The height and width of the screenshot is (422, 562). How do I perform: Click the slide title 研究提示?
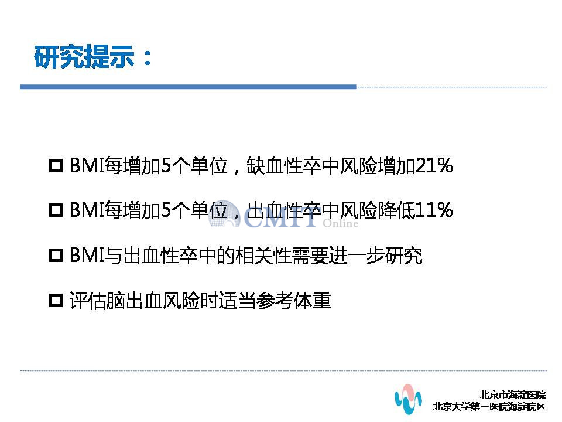pos(84,57)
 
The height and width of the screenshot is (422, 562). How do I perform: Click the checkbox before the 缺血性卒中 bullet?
pos(56,166)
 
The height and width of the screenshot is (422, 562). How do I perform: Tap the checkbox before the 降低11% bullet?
pos(56,210)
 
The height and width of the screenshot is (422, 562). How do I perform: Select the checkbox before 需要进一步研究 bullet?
pos(56,256)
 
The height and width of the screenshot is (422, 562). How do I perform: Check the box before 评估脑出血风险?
pos(56,300)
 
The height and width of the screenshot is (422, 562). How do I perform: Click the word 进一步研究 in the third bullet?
pos(376,256)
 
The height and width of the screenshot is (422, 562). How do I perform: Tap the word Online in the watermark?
pos(340,223)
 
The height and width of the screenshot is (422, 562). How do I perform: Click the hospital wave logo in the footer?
pos(408,399)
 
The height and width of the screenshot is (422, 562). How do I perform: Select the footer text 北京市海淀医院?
pos(513,394)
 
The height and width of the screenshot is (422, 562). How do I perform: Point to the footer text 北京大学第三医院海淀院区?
pos(489,407)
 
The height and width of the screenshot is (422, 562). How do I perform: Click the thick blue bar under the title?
pos(188,87)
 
